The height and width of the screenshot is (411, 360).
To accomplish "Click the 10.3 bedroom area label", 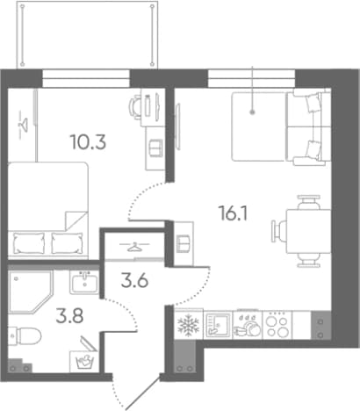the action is pyautogui.click(x=88, y=142).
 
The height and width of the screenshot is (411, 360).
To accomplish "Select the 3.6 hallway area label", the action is pyautogui.click(x=134, y=281).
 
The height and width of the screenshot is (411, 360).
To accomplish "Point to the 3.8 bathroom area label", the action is pyautogui.click(x=69, y=315).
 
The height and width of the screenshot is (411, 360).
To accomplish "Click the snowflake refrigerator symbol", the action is pyautogui.click(x=188, y=325).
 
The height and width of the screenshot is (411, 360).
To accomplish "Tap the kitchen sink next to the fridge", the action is pyautogui.click(x=218, y=325).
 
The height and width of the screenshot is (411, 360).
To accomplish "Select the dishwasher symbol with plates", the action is pyautogui.click(x=248, y=325).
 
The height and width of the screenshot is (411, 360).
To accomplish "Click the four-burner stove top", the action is pyautogui.click(x=277, y=325).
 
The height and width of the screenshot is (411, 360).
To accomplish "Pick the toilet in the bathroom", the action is pyautogui.click(x=25, y=335).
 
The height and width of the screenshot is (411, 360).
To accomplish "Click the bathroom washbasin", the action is pyautogui.click(x=84, y=282).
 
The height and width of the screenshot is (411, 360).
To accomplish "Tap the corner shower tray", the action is pyautogui.click(x=31, y=292).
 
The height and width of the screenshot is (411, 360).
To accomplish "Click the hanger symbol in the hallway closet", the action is pyautogui.click(x=133, y=247).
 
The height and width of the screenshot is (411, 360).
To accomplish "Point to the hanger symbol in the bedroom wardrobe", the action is pyautogui.click(x=22, y=124).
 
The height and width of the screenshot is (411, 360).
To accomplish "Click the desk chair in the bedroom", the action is pyautogui.click(x=135, y=108).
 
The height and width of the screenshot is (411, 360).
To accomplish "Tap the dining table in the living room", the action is pyautogui.click(x=308, y=231).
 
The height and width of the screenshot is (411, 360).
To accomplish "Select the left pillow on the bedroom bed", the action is pyautogui.click(x=29, y=243).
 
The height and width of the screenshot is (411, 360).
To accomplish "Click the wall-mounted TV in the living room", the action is pyautogui.click(x=177, y=126).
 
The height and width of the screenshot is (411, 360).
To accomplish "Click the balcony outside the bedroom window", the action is pyautogui.click(x=87, y=34).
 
